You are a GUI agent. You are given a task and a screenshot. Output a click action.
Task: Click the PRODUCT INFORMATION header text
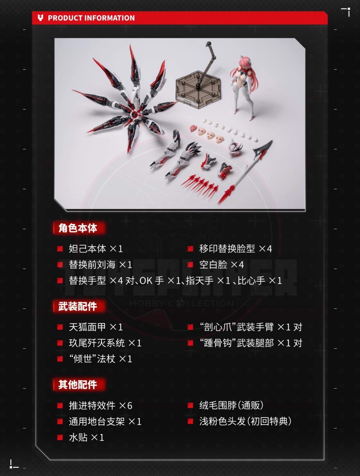pyautogui.click(x=91, y=18)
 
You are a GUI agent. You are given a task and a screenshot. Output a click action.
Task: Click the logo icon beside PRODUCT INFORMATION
pyautogui.click(x=40, y=18)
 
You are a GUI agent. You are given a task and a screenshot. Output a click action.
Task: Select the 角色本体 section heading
pyautogui.click(x=78, y=228)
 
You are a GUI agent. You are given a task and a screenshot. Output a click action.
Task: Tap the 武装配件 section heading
pyautogui.click(x=78, y=306)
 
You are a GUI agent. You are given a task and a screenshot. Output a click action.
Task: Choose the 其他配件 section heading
pyautogui.click(x=78, y=385)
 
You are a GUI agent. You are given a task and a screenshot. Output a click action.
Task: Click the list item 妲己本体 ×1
pyautogui.click(x=96, y=249)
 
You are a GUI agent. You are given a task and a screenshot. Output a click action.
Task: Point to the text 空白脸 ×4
pyautogui.click(x=222, y=265)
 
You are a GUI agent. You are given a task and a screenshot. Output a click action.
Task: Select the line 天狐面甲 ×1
pyautogui.click(x=96, y=327)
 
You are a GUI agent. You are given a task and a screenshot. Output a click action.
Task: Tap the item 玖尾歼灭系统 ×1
pyautogui.click(x=105, y=343)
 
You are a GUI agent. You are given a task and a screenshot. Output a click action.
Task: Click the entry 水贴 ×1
pyautogui.click(x=87, y=437)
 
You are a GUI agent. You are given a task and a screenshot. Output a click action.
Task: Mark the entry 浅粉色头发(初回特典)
pyautogui.click(x=245, y=421)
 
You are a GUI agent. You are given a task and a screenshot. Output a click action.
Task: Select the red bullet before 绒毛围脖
pyautogui.click(x=190, y=405)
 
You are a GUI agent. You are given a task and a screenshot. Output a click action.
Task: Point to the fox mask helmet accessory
pyautogui.click(x=235, y=147)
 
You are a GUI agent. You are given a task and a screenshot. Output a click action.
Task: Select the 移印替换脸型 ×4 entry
pyautogui.click(x=236, y=249)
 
